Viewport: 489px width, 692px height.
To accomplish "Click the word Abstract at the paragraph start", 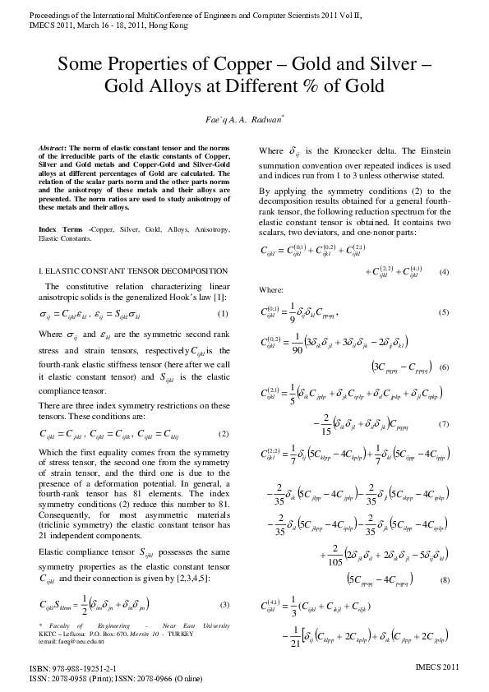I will (x=53, y=147).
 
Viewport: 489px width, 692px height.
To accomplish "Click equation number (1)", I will (x=222, y=315).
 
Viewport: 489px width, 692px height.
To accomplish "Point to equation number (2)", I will (x=222, y=433).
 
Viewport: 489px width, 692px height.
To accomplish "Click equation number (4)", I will (x=444, y=272).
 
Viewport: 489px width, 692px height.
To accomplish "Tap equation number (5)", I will (x=444, y=313).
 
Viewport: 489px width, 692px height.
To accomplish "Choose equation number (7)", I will (x=444, y=424).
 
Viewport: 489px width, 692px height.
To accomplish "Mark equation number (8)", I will (x=444, y=581).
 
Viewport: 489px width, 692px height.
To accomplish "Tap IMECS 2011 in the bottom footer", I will (x=440, y=671).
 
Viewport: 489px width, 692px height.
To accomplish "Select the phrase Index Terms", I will (x=61, y=205).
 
